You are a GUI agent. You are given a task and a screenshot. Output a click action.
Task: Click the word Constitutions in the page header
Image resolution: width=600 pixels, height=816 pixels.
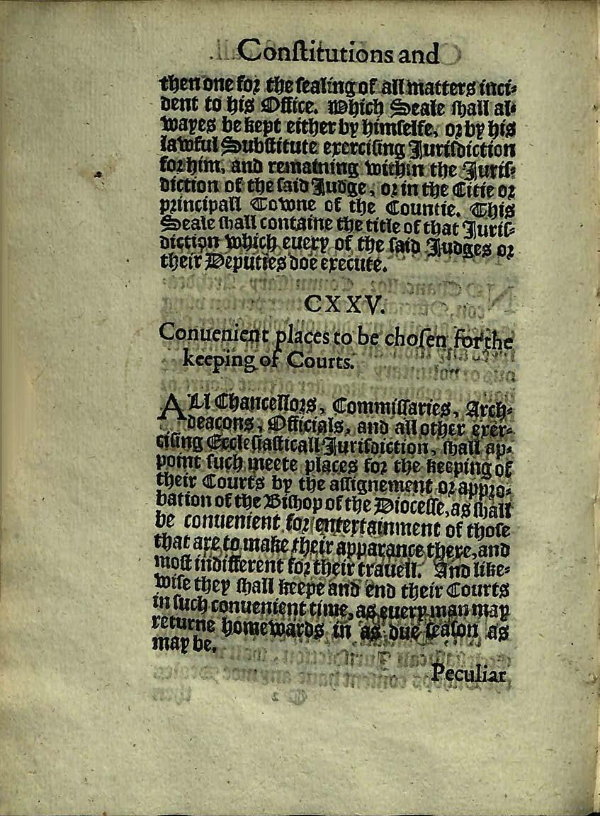pos(309,52)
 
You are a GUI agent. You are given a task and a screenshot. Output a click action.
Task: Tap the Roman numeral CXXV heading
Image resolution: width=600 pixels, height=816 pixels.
pos(344,304)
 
